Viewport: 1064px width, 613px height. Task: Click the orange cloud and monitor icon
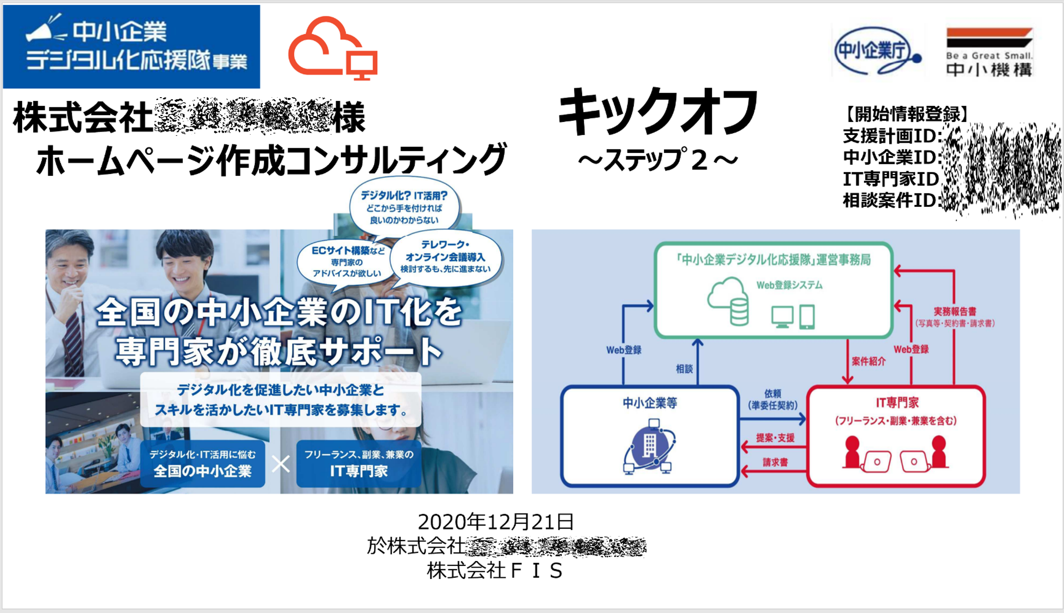pyautogui.click(x=333, y=48)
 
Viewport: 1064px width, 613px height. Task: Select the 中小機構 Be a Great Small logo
pyautogui.click(x=989, y=52)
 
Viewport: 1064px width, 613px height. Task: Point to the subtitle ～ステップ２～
pyautogui.click(x=658, y=160)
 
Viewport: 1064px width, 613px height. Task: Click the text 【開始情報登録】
pyautogui.click(x=906, y=114)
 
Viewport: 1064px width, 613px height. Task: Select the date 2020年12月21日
pyautogui.click(x=495, y=522)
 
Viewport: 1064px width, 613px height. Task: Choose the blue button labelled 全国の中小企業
pyautogui.click(x=202, y=463)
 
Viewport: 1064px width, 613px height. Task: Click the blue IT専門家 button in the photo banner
pyautogui.click(x=359, y=463)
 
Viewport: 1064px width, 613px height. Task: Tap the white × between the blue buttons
pyautogui.click(x=281, y=464)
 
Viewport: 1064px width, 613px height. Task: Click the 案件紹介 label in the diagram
pyautogui.click(x=868, y=362)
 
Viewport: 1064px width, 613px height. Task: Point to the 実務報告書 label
pyautogui.click(x=954, y=312)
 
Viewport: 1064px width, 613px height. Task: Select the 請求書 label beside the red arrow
pyautogui.click(x=775, y=462)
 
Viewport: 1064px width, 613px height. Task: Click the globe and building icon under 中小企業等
pyautogui.click(x=649, y=446)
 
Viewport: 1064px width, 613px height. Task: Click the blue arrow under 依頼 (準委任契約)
pyautogui.click(x=772, y=419)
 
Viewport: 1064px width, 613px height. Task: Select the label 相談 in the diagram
pyautogui.click(x=684, y=369)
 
